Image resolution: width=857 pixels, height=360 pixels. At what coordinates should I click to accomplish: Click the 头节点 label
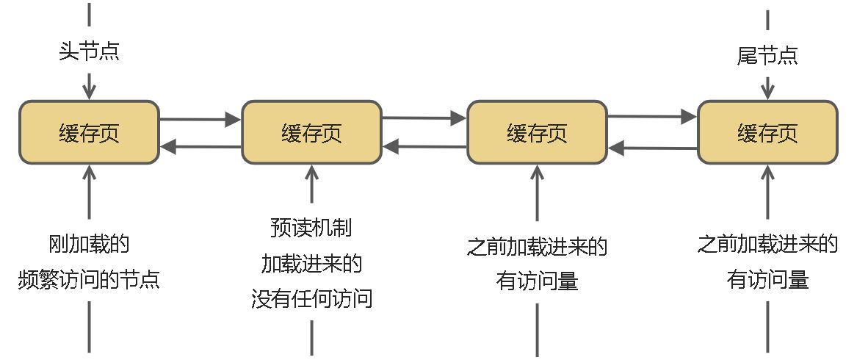point(89,52)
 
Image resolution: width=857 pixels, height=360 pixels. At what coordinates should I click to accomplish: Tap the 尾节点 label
point(767,55)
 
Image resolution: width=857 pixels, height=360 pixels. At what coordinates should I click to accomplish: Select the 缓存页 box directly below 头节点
point(89,132)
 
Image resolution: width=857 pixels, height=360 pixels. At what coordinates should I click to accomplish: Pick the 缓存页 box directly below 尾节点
point(767,132)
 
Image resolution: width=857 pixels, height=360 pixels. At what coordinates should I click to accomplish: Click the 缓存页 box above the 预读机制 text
point(311,132)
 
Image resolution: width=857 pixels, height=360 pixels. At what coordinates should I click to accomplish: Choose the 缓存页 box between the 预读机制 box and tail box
point(537,132)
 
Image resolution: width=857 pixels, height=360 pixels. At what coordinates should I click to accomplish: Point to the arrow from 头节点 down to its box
point(89,84)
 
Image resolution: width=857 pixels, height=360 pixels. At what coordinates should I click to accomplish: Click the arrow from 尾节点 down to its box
point(767,85)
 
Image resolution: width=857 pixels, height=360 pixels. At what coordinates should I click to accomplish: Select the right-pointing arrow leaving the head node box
point(200,118)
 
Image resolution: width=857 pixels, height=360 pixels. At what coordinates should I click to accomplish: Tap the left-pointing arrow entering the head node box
point(200,147)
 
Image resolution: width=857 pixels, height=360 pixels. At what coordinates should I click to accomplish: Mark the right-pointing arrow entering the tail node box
point(652,116)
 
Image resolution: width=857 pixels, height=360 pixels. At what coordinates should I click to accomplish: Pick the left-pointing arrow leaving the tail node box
point(652,148)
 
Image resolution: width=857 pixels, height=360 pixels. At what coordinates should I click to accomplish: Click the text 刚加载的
point(89,245)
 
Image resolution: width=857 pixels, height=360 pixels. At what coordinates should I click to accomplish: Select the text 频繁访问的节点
point(89,280)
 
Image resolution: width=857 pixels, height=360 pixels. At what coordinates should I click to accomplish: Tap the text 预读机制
point(311,228)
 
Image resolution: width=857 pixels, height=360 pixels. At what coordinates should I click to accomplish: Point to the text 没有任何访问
point(311,299)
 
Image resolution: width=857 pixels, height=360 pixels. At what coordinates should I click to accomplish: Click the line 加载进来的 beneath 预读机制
point(311,263)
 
